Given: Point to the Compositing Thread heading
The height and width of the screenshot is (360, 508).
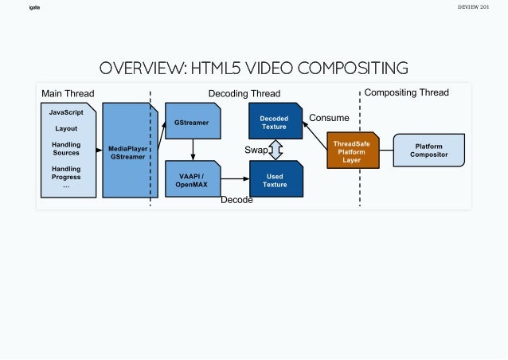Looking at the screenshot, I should (406, 92).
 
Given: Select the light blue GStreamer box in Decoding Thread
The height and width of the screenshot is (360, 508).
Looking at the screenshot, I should (192, 123).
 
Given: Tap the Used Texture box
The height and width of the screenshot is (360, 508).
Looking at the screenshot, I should (275, 180).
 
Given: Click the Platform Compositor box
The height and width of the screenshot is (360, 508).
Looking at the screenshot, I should (428, 150).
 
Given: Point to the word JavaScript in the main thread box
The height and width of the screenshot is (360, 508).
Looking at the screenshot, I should (66, 112).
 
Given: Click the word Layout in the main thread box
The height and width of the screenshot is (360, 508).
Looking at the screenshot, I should (66, 128).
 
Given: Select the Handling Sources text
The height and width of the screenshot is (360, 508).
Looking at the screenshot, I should (66, 148).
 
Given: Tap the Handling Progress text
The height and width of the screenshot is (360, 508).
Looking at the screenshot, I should (66, 173).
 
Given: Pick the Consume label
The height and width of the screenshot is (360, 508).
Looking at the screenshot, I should (329, 118).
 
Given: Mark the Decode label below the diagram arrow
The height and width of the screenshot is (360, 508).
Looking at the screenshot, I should (236, 200).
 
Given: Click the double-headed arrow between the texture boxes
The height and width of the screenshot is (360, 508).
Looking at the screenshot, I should (275, 151).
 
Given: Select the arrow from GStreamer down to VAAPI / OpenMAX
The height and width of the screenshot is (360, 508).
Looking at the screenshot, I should (193, 151).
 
